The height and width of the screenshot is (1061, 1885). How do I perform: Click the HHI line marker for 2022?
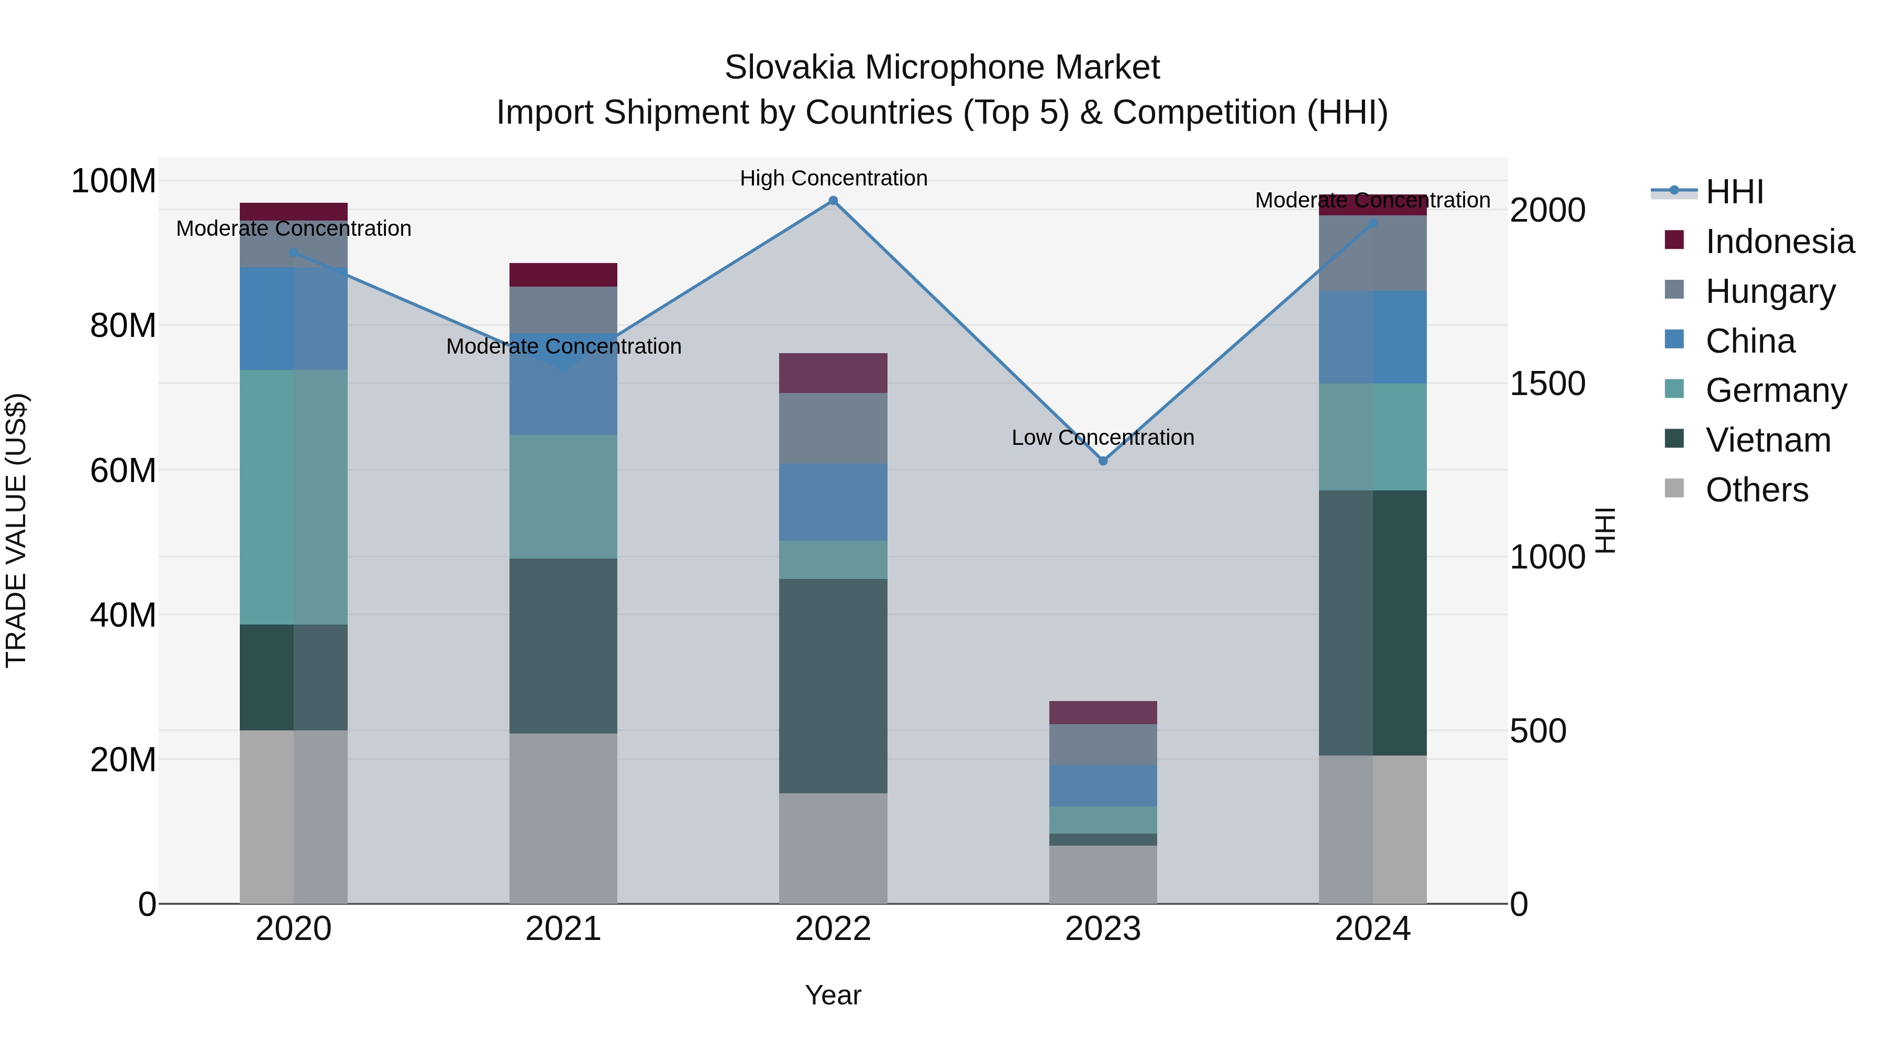pos(833,201)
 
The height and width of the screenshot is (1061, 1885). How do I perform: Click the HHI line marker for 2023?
pos(1103,461)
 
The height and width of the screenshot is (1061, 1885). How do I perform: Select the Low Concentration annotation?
pos(1102,438)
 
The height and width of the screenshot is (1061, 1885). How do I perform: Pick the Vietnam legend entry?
pos(1767,440)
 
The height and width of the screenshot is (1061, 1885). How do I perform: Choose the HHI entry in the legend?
pos(1734,192)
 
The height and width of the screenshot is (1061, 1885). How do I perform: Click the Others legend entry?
pos(1756,490)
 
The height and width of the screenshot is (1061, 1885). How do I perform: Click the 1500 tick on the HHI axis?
pos(1547,384)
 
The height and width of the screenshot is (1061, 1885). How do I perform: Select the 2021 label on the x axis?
pos(563,929)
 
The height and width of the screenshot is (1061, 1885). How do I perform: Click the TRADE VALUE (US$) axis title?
pos(16,530)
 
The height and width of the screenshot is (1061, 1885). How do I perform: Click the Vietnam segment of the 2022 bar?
pos(833,685)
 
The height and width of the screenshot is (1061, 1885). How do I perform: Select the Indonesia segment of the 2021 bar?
pos(563,275)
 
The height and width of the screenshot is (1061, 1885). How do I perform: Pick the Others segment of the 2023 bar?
pos(1103,874)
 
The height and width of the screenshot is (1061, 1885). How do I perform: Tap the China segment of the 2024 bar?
pos(1372,337)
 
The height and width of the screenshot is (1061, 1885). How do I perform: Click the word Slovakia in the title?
pos(789,68)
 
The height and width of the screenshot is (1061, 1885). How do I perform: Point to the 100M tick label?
pos(114,181)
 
